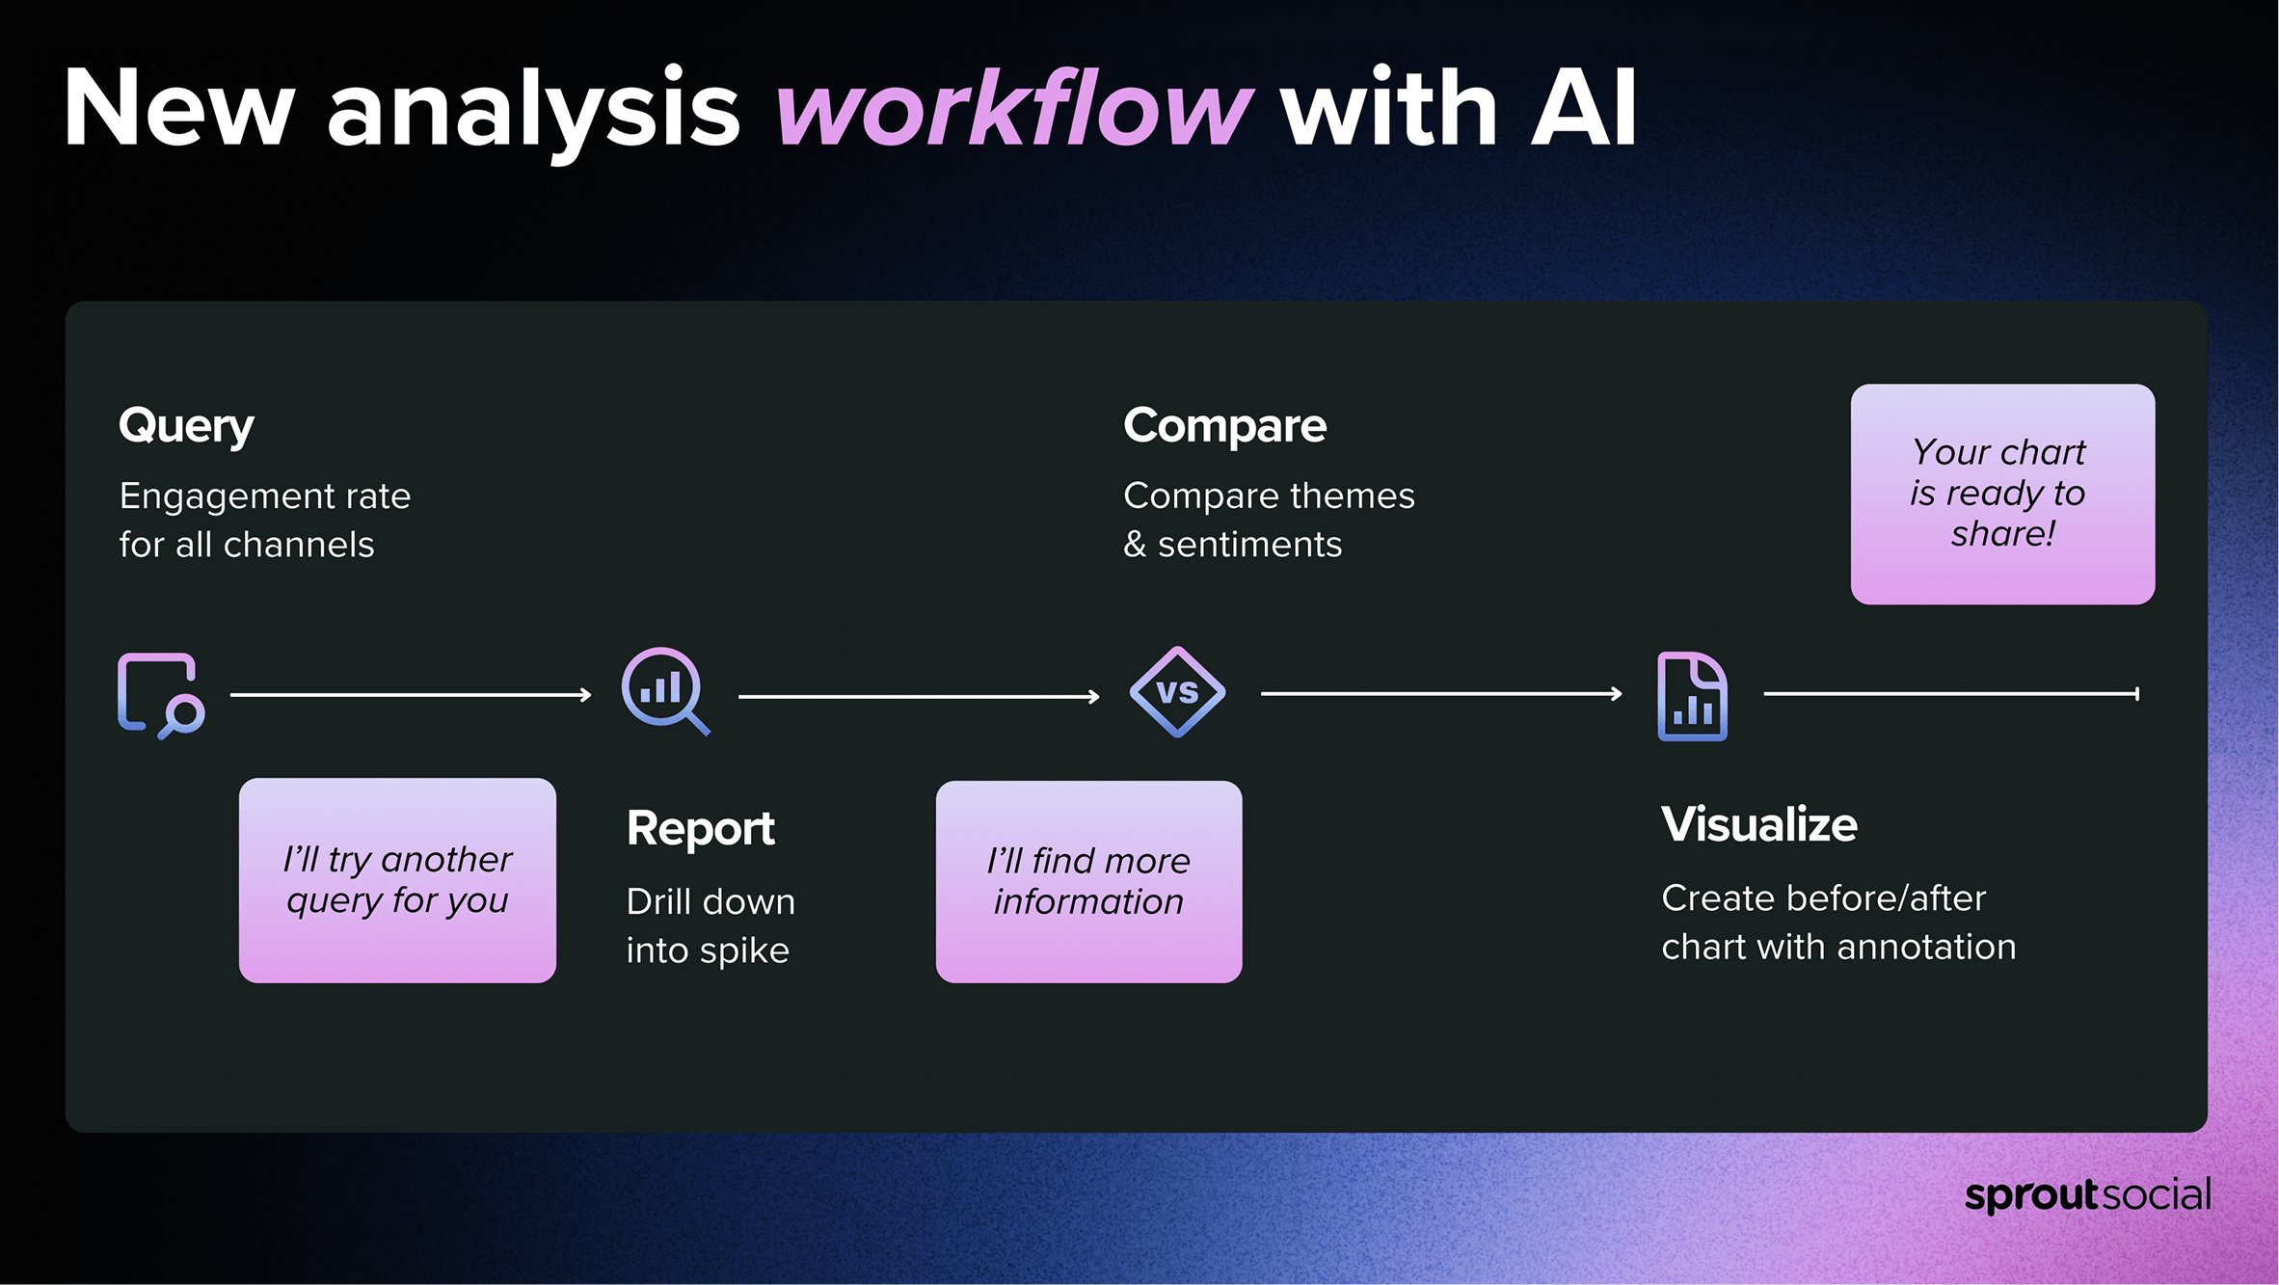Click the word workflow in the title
coord(1014,108)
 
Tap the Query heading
coord(186,427)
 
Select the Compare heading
coord(1224,427)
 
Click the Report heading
coord(701,829)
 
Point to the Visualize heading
coord(1759,825)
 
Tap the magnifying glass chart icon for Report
coord(666,691)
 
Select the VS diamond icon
coord(1177,692)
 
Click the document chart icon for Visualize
coord(1693,696)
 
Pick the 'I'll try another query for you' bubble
coord(397,880)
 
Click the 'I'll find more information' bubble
coord(1088,881)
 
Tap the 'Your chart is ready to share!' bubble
coord(2002,495)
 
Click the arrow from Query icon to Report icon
coord(411,695)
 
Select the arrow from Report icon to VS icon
coord(919,696)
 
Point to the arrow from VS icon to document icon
coord(1441,694)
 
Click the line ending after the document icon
coord(1951,694)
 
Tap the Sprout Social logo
coord(2088,1195)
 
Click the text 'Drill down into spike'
coord(711,926)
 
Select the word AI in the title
coord(1585,108)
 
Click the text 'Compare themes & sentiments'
coord(1269,520)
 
